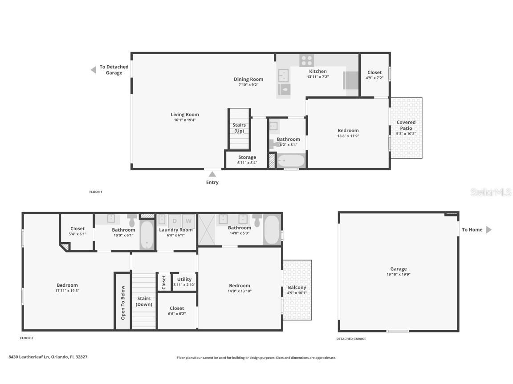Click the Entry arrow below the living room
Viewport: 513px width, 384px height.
(212, 174)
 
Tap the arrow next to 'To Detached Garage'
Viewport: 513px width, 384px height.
(94, 70)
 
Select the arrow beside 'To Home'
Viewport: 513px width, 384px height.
(489, 230)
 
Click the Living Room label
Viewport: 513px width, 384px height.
(185, 115)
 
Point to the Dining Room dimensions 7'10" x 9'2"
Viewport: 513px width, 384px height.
(248, 84)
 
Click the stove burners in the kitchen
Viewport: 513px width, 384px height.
(306, 60)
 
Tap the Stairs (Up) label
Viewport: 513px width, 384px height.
(239, 128)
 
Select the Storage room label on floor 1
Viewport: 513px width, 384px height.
(247, 157)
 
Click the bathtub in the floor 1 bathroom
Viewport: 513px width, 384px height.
(291, 160)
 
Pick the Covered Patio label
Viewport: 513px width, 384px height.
(406, 125)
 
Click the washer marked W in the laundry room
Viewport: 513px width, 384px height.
(189, 220)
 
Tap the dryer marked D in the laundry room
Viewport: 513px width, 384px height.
(175, 220)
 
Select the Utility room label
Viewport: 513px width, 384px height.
(184, 280)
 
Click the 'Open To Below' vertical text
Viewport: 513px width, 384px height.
(123, 303)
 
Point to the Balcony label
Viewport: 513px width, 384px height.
(297, 288)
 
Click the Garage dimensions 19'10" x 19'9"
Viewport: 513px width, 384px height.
(399, 274)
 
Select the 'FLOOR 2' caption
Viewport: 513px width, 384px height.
(27, 338)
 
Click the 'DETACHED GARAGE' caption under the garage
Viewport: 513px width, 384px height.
(351, 339)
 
